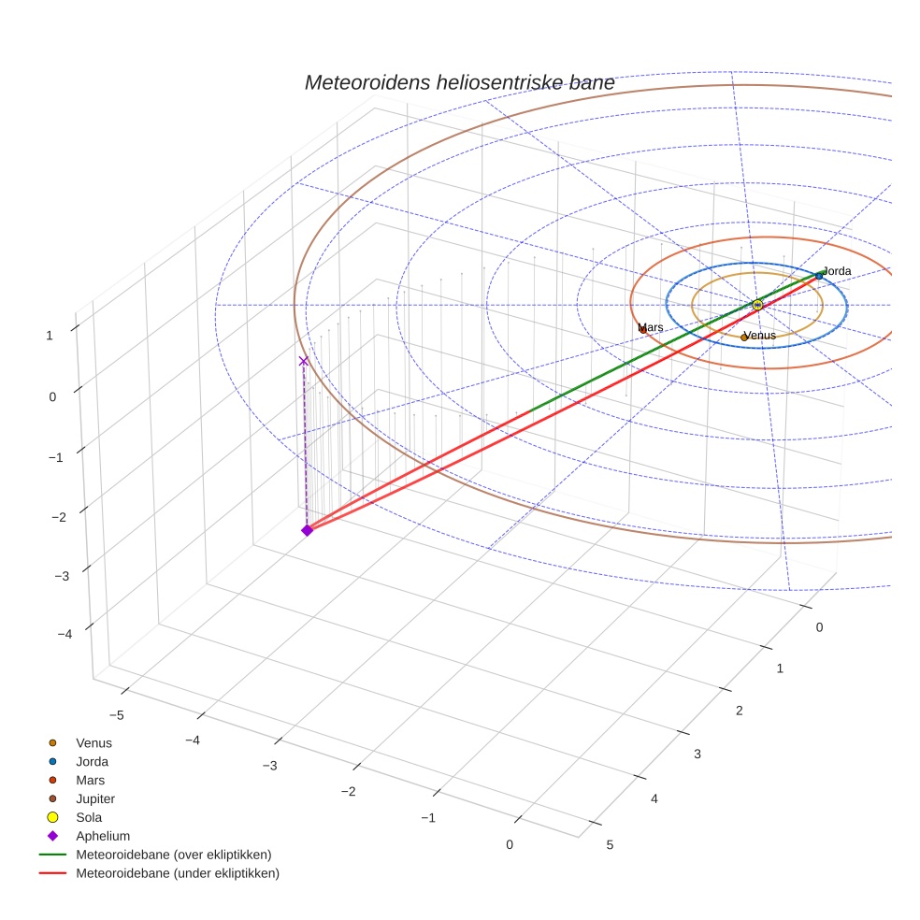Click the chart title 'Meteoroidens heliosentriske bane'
pyautogui.click(x=459, y=83)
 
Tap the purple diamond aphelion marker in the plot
pyautogui.click(x=307, y=530)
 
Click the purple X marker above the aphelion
pyautogui.click(x=303, y=361)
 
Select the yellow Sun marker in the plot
pyautogui.click(x=757, y=305)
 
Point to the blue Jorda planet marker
pyautogui.click(x=819, y=276)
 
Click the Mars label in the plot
pyautogui.click(x=652, y=328)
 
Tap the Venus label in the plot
pyautogui.click(x=760, y=336)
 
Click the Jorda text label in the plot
pyautogui.click(x=837, y=271)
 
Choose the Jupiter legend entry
pyautogui.click(x=95, y=798)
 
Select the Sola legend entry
pyautogui.click(x=89, y=817)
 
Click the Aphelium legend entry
pyautogui.click(x=102, y=836)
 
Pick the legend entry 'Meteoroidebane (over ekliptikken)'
pyautogui.click(x=173, y=855)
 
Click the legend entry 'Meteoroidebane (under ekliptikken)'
pyautogui.click(x=177, y=873)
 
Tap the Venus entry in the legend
pyautogui.click(x=93, y=742)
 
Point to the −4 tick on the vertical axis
pyautogui.click(x=65, y=635)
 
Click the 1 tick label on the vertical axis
pyautogui.click(x=49, y=334)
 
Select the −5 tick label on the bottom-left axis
pyautogui.click(x=117, y=715)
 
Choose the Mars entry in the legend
pyautogui.click(x=90, y=780)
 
